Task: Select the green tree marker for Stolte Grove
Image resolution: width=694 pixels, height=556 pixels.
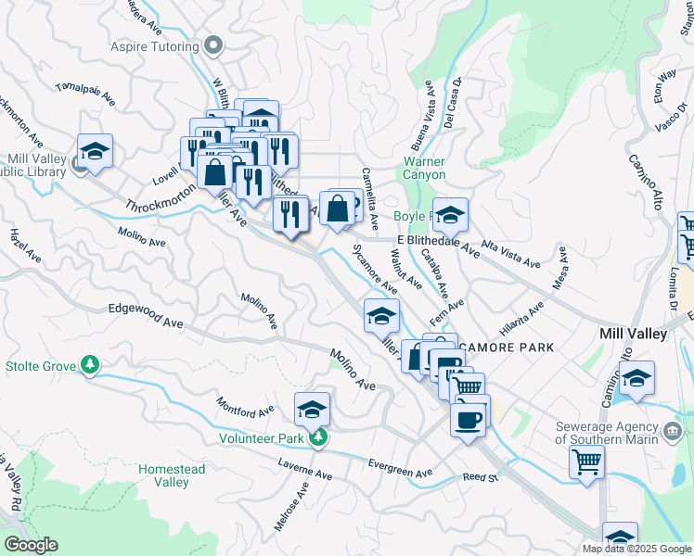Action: (x=90, y=365)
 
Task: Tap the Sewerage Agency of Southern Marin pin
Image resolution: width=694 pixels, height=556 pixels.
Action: (x=671, y=429)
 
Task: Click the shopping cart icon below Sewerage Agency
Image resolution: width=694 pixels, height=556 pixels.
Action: (x=586, y=461)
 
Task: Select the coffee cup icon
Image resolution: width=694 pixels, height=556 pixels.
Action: (x=467, y=419)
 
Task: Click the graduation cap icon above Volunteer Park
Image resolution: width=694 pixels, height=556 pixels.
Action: (x=313, y=408)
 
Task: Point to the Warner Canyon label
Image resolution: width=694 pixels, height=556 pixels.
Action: (x=424, y=168)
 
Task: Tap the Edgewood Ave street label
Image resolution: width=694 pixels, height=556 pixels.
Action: (x=146, y=315)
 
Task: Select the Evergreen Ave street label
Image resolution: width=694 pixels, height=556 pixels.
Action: (x=400, y=469)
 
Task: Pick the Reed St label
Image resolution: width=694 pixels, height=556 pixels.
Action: (x=482, y=478)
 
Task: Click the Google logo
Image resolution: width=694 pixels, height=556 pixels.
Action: (x=31, y=545)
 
